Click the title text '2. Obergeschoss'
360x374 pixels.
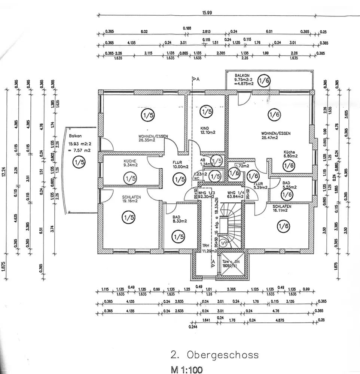pyautogui.click(x=214, y=354)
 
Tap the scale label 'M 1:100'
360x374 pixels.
pyautogui.click(x=186, y=370)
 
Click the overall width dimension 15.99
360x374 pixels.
pyautogui.click(x=207, y=12)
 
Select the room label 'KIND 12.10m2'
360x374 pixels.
pyautogui.click(x=208, y=130)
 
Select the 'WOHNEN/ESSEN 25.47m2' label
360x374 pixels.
pyautogui.click(x=276, y=135)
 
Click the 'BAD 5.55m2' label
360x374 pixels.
pyautogui.click(x=289, y=185)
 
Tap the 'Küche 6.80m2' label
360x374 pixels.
pyautogui.click(x=290, y=154)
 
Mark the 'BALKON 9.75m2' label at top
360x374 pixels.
pyautogui.click(x=244, y=80)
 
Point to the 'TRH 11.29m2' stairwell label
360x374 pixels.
pyautogui.click(x=207, y=248)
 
